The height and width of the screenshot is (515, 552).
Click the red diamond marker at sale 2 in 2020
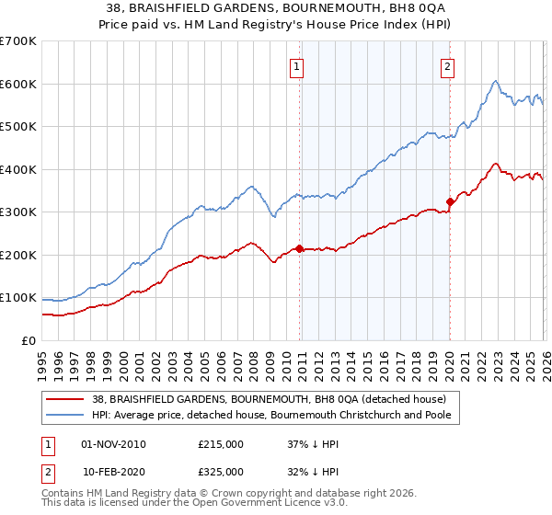450,201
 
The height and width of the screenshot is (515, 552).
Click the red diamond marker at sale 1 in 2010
300,248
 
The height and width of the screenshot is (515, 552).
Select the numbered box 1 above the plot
298,65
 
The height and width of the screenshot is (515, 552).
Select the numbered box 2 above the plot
447,65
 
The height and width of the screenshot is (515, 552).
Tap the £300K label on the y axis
18,212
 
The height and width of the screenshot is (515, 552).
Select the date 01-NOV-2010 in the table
113,444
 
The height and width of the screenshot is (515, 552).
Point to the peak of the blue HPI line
495,81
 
